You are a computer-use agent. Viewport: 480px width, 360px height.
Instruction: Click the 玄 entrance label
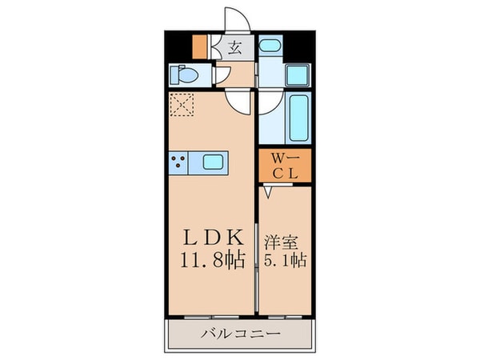click(236, 47)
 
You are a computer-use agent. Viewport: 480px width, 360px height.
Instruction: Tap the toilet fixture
click(183, 75)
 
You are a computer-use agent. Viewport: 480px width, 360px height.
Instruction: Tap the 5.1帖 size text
click(284, 261)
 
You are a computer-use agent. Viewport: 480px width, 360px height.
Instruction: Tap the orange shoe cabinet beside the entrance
click(201, 47)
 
